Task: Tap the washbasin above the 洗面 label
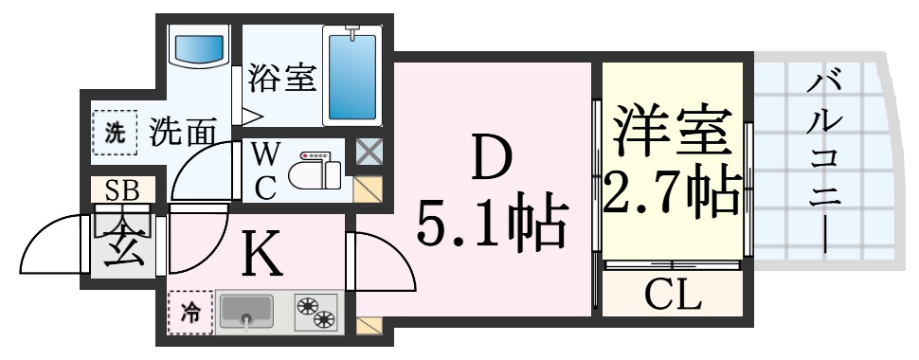tap(200, 47)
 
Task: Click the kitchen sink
tap(246, 312)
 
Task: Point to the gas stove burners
tap(315, 312)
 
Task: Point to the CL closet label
tap(673, 297)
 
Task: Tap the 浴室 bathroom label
tap(281, 78)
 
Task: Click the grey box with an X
tap(367, 151)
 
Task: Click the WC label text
tap(265, 171)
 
